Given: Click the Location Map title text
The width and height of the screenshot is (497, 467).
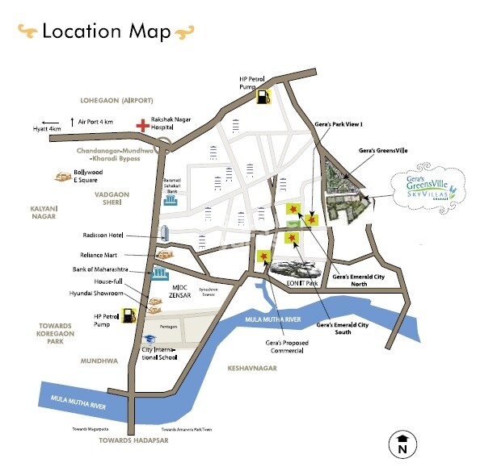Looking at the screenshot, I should (x=106, y=31).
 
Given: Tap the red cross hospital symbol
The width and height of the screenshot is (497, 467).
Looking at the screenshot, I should (x=143, y=125).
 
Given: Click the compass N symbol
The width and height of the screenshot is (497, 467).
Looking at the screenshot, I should (x=402, y=443).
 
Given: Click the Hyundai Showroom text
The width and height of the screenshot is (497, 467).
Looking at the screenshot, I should (x=97, y=294).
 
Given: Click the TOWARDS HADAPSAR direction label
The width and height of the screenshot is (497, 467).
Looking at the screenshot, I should (x=133, y=441).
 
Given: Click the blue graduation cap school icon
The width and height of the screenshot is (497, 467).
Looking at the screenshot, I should (x=150, y=339).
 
